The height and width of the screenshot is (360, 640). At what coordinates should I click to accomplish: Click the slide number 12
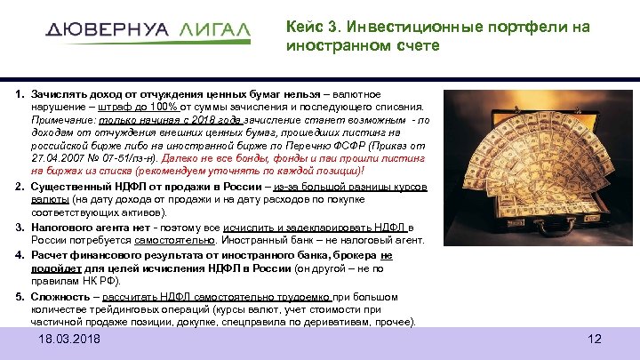(595, 340)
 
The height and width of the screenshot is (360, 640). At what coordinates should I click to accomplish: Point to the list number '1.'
(18, 94)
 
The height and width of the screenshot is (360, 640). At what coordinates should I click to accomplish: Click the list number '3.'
(18, 228)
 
